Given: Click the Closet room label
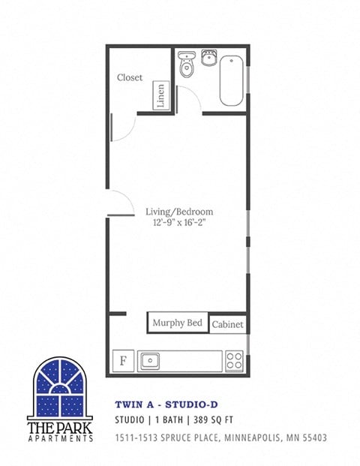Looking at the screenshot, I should (130, 77).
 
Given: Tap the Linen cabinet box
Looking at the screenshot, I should (160, 95).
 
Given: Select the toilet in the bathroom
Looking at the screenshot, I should (186, 65).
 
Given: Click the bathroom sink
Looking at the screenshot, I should (209, 59).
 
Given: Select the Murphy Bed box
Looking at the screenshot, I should (178, 323).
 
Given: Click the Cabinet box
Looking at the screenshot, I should (227, 324).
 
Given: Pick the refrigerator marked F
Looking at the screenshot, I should (123, 360).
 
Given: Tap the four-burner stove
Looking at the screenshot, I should (235, 360).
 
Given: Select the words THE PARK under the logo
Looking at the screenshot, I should (60, 426).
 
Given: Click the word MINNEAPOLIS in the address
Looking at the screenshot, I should (252, 437).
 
